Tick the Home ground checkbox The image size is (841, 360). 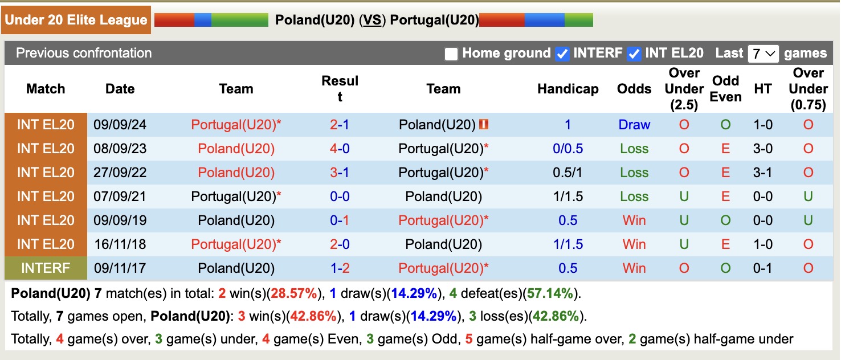[x=451, y=54]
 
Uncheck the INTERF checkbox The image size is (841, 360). [x=562, y=54]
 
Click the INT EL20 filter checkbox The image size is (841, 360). [x=634, y=54]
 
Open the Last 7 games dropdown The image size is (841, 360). [x=763, y=54]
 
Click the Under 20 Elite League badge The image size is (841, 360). [x=76, y=20]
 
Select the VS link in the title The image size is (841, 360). [x=373, y=20]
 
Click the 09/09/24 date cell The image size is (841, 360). [x=120, y=125]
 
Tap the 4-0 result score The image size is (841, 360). [x=340, y=149]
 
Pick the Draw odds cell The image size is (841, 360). [x=634, y=125]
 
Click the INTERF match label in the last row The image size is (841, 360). [x=46, y=268]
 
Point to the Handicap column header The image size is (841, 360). [x=568, y=89]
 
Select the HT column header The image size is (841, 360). [x=763, y=89]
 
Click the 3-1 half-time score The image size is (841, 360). [x=763, y=173]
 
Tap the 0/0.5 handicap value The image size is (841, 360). [x=568, y=149]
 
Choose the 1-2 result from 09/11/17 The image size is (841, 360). [x=340, y=268]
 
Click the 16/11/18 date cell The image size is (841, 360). [x=120, y=244]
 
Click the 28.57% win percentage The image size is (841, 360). [x=294, y=294]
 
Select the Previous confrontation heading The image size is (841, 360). [x=84, y=54]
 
